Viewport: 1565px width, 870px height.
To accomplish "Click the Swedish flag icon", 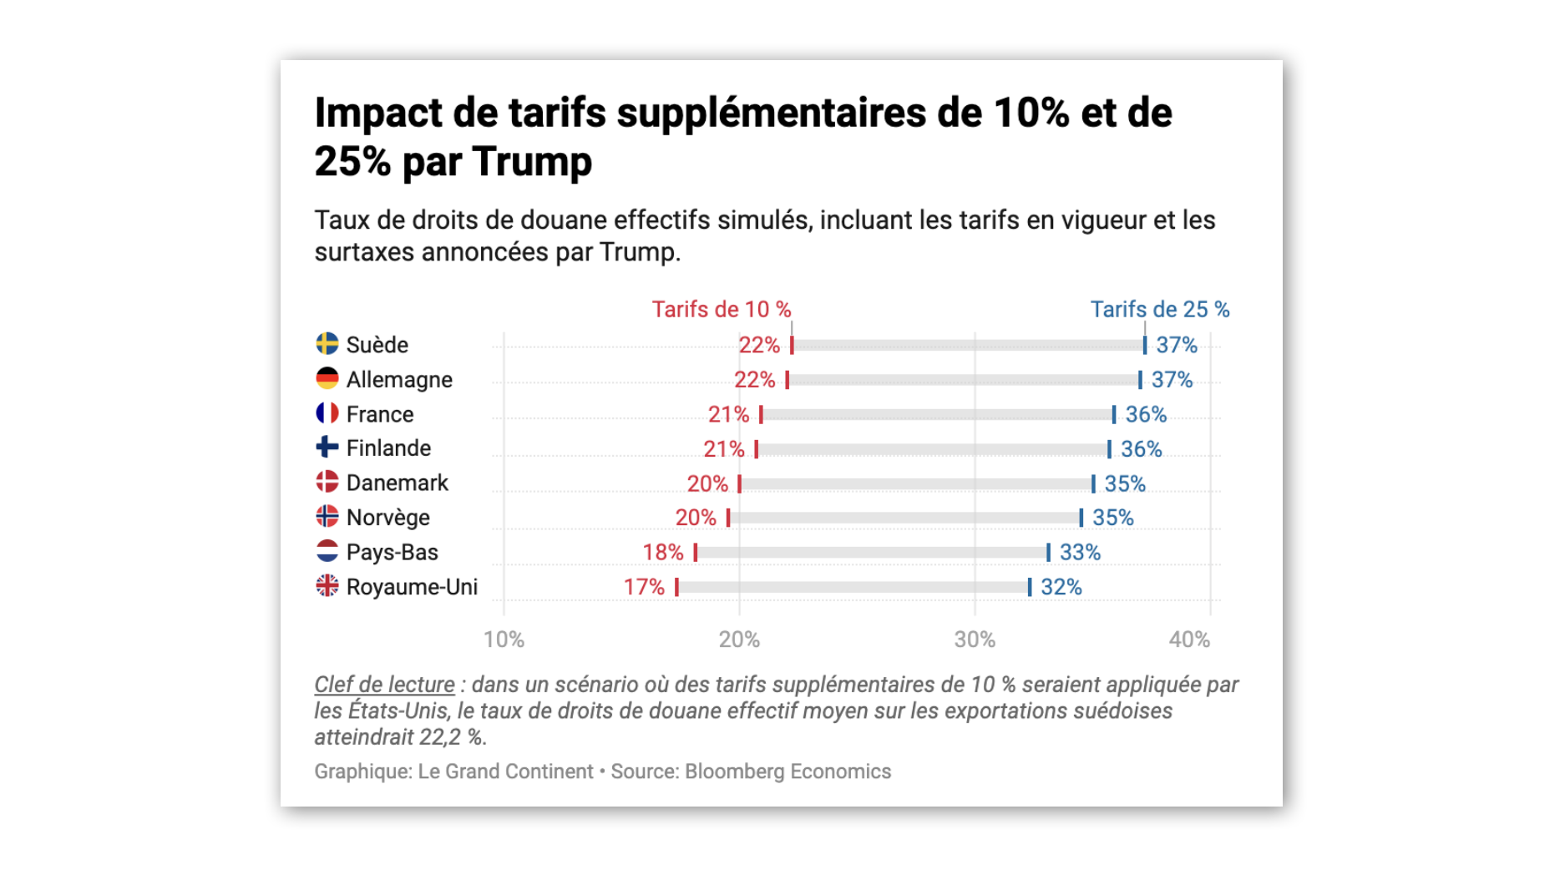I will (327, 344).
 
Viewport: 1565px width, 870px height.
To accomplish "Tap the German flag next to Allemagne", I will (327, 379).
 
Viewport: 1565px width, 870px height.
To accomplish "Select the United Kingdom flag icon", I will (327, 586).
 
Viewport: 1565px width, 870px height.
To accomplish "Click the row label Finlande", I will (388, 448).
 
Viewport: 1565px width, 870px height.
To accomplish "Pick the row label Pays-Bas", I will (392, 553).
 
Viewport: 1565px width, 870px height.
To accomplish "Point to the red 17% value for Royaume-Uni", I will (644, 587).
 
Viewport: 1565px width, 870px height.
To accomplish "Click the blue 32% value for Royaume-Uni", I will (1061, 587).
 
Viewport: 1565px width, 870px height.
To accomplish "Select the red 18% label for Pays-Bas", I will (662, 553).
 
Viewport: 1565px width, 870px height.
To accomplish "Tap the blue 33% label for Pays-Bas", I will (1080, 553).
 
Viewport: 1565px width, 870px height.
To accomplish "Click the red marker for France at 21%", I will (761, 414).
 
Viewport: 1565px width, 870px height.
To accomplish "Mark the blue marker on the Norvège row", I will (1081, 518).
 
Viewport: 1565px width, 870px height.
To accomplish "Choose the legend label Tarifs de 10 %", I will (721, 310).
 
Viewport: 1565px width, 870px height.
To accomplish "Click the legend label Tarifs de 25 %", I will (1159, 310).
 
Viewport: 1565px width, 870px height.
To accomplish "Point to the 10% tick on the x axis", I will (504, 640).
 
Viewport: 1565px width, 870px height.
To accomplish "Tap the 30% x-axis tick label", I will (975, 640).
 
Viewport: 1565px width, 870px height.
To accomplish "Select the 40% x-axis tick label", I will (1189, 640).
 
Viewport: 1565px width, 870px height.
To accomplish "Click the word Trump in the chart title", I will (531, 161).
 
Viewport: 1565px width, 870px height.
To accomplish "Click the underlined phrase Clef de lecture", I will (384, 685).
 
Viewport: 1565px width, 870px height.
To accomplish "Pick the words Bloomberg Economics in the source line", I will (788, 771).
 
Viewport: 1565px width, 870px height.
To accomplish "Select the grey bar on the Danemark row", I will (916, 483).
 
